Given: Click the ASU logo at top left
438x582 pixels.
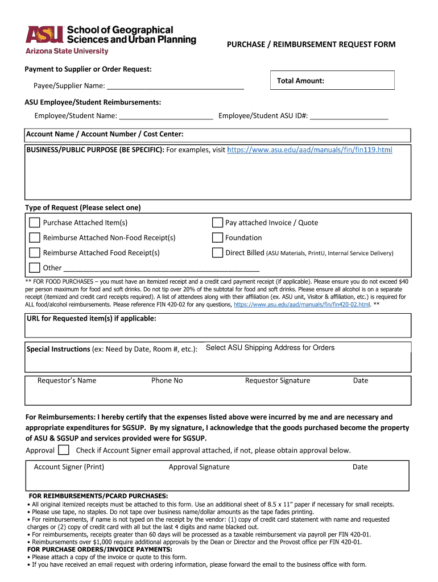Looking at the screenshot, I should [x=43, y=35].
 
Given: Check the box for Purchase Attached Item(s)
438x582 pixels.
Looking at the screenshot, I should [x=35, y=223].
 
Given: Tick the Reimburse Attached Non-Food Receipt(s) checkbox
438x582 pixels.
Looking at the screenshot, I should [x=35, y=238].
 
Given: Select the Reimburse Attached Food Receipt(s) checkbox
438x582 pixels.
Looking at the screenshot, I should [x=35, y=252].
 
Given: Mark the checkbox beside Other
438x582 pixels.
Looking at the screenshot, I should [x=35, y=267].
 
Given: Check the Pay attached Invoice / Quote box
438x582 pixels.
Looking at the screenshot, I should [x=217, y=223].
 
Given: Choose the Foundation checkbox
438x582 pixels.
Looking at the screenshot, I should [x=217, y=238].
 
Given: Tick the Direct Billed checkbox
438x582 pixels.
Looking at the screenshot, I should [x=217, y=252].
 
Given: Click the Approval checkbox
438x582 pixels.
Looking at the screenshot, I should [x=64, y=450].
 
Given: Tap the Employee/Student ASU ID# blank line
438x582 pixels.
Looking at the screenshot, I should [x=349, y=116].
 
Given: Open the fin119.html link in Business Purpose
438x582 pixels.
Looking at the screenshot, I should [x=309, y=149].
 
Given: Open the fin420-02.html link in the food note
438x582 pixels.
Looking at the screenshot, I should [x=302, y=305].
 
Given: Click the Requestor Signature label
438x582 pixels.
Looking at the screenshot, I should [x=278, y=381].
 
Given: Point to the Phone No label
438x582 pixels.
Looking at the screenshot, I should [x=167, y=381].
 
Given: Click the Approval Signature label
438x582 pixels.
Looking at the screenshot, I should [x=199, y=467].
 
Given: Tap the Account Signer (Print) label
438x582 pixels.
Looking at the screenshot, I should [x=69, y=467].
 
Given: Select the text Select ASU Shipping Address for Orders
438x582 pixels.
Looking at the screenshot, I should [x=270, y=348].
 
